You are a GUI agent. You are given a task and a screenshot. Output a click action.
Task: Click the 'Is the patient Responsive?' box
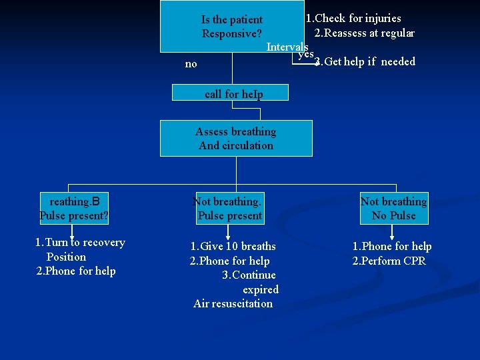click(232, 27)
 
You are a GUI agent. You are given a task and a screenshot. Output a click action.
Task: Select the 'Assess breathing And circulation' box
click(236, 138)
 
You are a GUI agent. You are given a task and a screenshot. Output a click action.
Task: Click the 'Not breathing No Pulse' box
click(393, 209)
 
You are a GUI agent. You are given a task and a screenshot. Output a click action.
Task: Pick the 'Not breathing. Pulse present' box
click(229, 209)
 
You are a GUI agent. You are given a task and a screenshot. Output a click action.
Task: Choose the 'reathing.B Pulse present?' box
click(74, 209)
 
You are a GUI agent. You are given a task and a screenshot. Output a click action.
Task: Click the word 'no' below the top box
click(191, 64)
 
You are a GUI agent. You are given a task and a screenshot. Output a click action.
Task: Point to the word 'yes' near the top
click(305, 55)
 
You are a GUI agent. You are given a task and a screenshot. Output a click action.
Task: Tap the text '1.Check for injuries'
click(353, 18)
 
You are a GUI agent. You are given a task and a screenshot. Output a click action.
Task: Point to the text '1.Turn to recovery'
click(80, 243)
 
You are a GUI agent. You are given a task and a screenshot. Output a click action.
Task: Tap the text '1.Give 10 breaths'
click(233, 247)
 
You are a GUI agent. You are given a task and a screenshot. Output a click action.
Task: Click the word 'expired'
click(260, 289)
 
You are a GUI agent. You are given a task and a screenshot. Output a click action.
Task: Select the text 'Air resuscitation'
click(233, 304)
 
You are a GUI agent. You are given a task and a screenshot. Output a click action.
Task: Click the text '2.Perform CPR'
click(389, 261)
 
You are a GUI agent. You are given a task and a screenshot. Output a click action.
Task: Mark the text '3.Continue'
click(249, 275)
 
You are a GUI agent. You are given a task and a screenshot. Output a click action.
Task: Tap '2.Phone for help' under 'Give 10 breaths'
click(229, 261)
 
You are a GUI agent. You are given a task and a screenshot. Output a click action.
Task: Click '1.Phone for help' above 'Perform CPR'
click(392, 247)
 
